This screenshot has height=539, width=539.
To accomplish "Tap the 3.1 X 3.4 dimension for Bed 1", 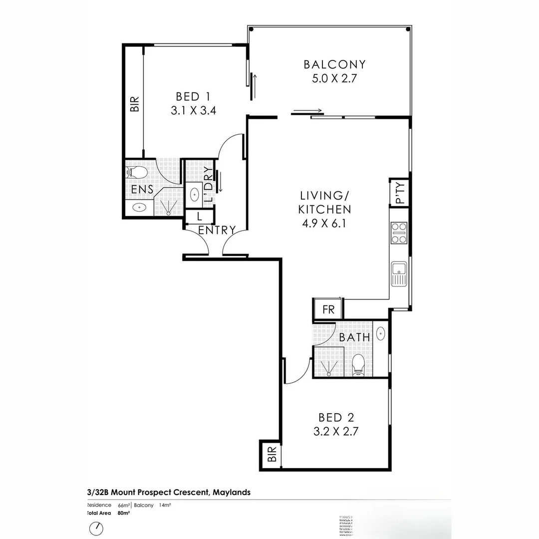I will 193,111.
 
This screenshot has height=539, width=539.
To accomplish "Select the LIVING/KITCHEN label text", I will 324,202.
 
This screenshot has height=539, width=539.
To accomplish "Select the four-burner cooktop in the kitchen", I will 399,233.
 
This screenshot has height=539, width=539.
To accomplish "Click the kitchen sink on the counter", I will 399,274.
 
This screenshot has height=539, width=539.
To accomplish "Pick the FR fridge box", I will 328,309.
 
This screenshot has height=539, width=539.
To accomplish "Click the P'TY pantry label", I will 400,192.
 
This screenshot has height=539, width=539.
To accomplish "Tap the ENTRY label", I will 217,230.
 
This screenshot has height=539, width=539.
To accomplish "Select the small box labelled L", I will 199,217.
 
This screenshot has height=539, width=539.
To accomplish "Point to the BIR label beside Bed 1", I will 134,104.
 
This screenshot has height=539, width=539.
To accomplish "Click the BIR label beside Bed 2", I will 271,455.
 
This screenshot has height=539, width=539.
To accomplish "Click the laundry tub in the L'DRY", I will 194,194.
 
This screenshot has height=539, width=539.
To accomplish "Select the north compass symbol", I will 96,528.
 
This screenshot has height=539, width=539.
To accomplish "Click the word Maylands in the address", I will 232,493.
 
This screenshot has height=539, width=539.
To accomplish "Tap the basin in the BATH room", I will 380,332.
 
